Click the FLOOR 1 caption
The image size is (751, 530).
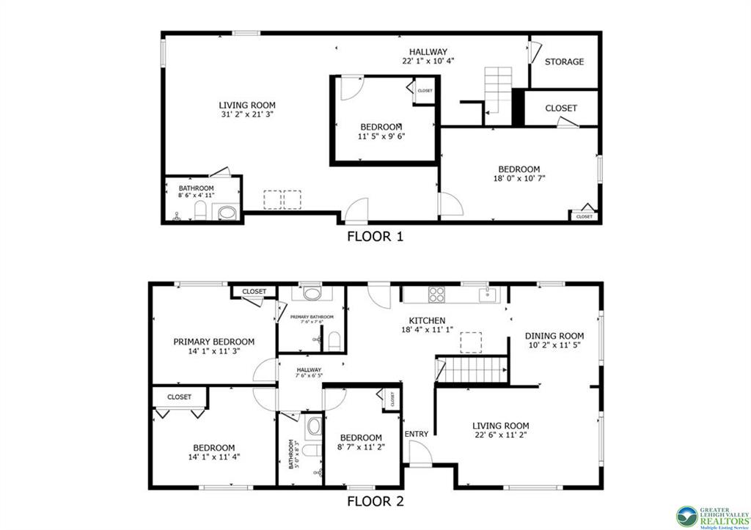tap(375, 237)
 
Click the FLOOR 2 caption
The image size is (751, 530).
tap(375, 502)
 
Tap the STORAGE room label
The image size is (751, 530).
tap(564, 62)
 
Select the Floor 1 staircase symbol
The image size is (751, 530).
tap(498, 88)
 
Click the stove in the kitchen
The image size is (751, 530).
tap(436, 294)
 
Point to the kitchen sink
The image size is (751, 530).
tap(486, 294)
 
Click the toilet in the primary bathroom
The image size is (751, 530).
tap(333, 341)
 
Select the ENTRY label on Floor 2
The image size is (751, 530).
tap(417, 434)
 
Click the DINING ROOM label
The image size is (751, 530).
tap(554, 336)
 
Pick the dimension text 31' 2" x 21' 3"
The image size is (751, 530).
tap(247, 115)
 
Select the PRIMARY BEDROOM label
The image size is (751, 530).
tap(213, 342)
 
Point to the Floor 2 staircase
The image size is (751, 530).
tap(473, 370)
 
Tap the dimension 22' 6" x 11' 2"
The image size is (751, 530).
tap(500, 435)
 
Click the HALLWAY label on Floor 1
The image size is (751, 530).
tap(428, 51)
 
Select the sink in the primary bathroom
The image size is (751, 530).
tap(314, 293)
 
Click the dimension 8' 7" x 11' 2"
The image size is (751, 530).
tap(360, 447)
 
